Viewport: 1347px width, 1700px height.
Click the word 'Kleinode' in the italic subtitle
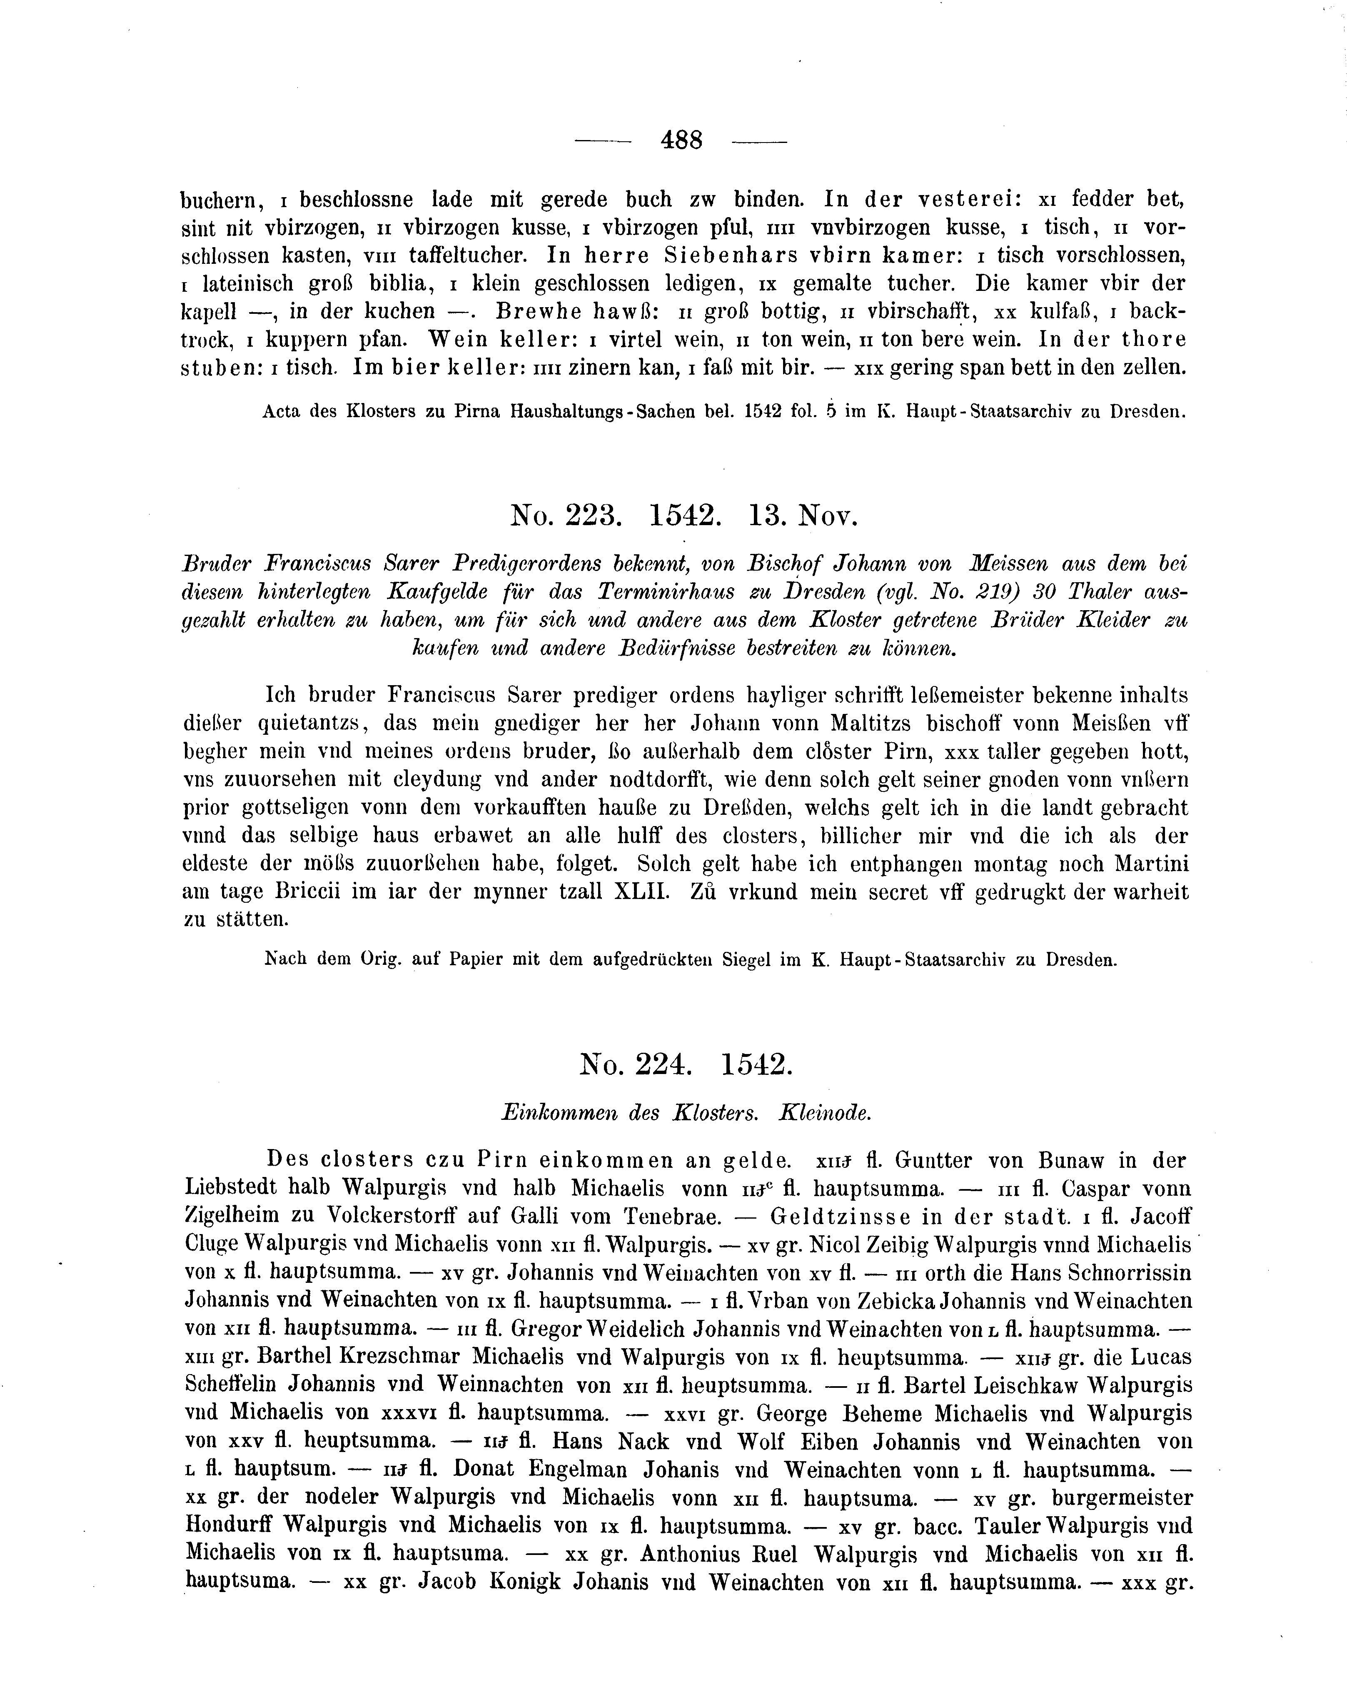[x=825, y=1113]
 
